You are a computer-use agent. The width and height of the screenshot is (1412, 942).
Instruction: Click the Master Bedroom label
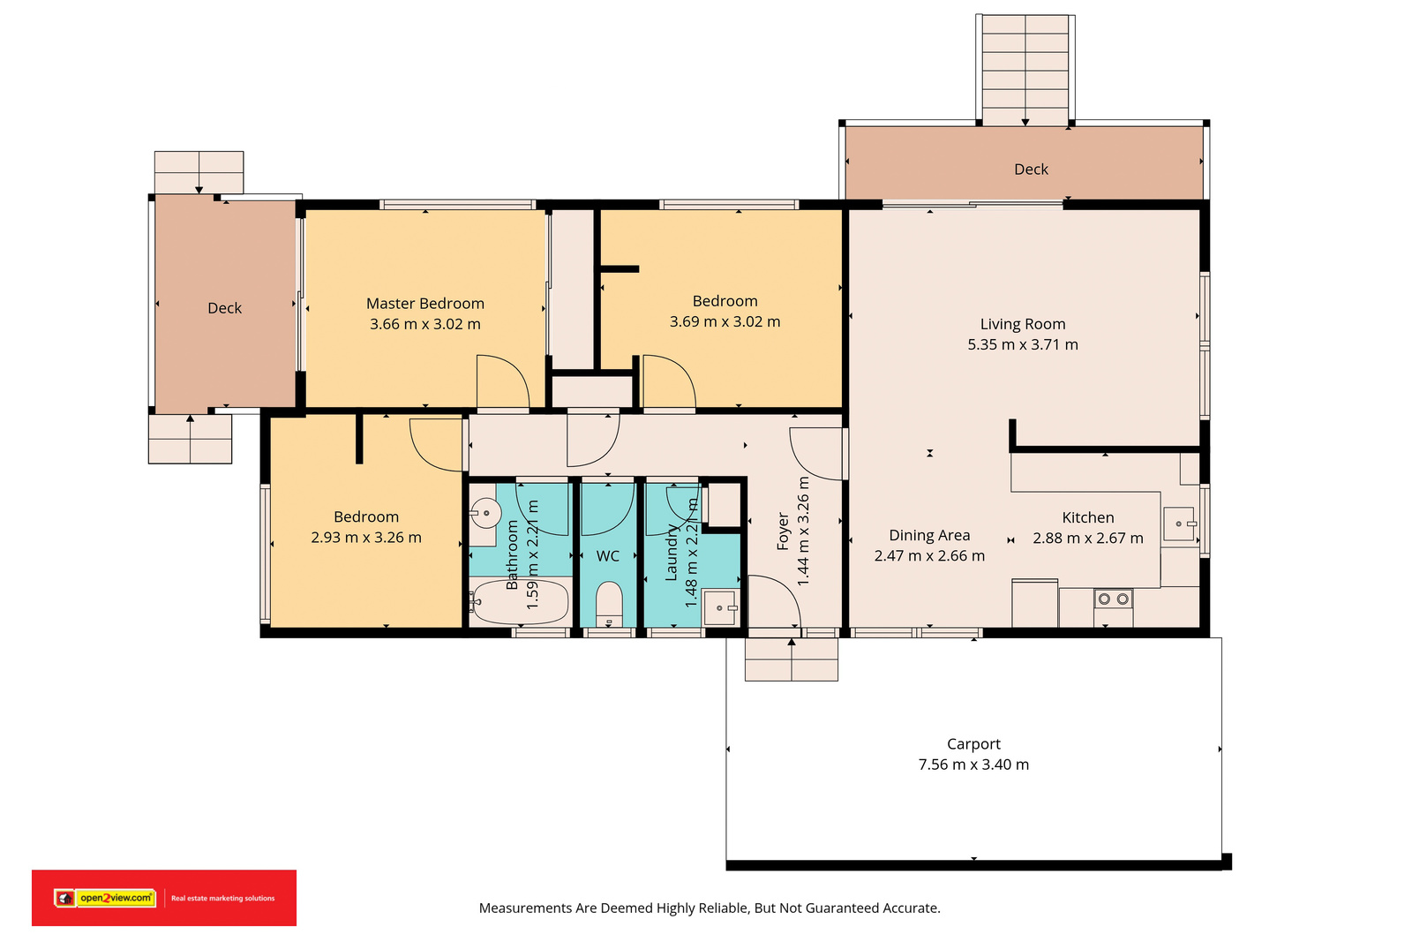pos(424,304)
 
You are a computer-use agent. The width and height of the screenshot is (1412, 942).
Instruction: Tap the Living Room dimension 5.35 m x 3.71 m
pos(1023,344)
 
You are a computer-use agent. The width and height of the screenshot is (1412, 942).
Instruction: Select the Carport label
pos(973,744)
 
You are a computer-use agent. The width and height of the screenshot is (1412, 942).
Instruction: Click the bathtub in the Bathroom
pos(521,602)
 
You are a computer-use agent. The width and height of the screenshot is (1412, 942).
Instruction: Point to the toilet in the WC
pos(609,605)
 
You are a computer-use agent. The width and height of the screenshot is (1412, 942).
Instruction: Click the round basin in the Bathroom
pos(485,513)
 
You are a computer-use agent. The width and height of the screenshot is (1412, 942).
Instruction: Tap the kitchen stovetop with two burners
pos(1113,599)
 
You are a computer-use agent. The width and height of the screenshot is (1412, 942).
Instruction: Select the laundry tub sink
pos(719,607)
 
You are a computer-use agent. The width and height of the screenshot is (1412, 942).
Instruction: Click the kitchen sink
pos(1179,524)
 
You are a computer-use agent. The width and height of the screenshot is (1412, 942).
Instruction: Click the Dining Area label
pos(929,535)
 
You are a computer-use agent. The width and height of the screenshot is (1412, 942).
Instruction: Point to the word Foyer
pos(783,531)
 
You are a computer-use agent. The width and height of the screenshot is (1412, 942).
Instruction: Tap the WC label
pos(608,556)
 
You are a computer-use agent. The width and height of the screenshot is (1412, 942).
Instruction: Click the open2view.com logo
pos(105,898)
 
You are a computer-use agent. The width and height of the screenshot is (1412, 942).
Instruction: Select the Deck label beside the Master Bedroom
pos(224,308)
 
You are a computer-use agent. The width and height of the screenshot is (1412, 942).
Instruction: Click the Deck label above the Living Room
pos(1032,169)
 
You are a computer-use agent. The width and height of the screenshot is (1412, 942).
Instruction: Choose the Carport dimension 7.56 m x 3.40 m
pos(973,765)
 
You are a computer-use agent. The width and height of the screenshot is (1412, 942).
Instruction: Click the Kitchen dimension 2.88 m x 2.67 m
pos(1087,538)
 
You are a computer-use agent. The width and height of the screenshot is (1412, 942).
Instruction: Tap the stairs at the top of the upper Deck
pos(1025,70)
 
